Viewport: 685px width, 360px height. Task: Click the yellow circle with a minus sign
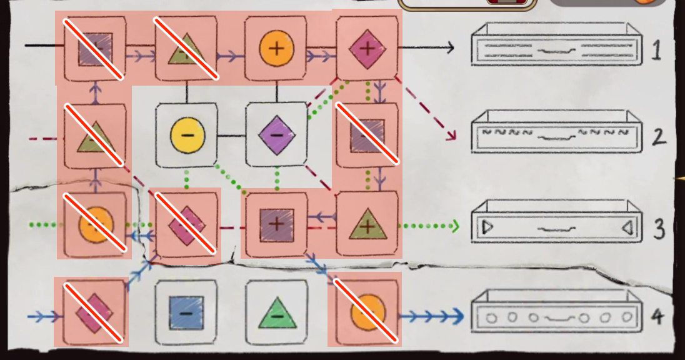(x=186, y=134)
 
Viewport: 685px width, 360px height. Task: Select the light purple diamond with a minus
(x=277, y=134)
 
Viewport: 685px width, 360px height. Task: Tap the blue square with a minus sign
(x=186, y=312)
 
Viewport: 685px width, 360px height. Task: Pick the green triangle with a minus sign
(x=277, y=312)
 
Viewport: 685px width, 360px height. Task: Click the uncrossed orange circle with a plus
(x=277, y=47)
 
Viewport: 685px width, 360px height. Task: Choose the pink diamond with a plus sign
(x=367, y=47)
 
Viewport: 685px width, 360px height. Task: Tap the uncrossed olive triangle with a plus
(x=367, y=224)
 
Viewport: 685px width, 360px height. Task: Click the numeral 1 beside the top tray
(x=656, y=51)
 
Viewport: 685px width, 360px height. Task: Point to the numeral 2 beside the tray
(x=658, y=137)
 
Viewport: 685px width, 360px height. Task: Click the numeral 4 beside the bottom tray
(x=656, y=317)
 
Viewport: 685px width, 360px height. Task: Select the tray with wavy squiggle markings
(x=556, y=132)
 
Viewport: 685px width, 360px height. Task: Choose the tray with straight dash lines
(x=556, y=47)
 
